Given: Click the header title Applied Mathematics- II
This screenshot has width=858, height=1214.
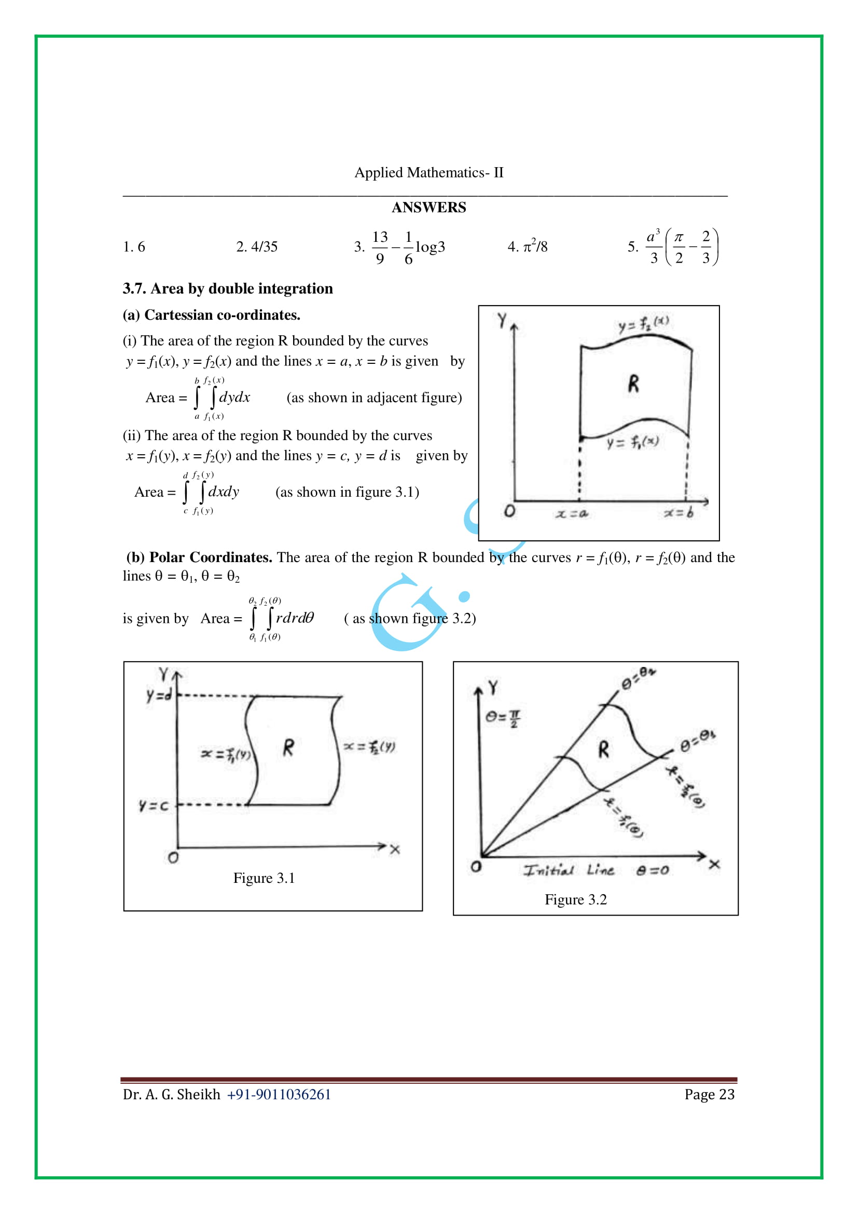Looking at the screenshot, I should pyautogui.click(x=428, y=172).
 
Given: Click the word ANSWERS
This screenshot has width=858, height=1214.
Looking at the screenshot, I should pyautogui.click(x=428, y=207).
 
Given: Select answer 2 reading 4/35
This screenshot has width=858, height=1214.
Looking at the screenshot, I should pyautogui.click(x=257, y=247).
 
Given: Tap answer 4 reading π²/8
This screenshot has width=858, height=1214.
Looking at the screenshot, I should pyautogui.click(x=527, y=247).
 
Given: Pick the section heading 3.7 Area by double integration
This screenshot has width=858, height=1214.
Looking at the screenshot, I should pyautogui.click(x=228, y=289).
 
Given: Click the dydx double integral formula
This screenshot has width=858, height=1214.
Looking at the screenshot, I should pyautogui.click(x=222, y=398).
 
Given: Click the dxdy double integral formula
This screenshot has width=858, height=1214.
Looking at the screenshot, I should pyautogui.click(x=211, y=492).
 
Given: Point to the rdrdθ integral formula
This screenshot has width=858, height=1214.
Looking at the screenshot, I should pyautogui.click(x=282, y=618).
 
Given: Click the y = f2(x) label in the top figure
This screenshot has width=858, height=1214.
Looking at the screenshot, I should pyautogui.click(x=643, y=323).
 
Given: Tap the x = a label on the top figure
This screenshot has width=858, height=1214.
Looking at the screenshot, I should pyautogui.click(x=572, y=513).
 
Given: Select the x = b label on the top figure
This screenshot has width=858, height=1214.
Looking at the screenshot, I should pyautogui.click(x=679, y=513).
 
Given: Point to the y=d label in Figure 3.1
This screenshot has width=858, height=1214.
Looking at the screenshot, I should pyautogui.click(x=159, y=695).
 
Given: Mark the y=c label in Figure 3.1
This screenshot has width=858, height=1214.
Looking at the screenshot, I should pyautogui.click(x=153, y=806).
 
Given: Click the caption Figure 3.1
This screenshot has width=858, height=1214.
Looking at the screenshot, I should pyautogui.click(x=264, y=878).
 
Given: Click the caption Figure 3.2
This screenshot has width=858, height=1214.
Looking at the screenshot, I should pyautogui.click(x=575, y=900).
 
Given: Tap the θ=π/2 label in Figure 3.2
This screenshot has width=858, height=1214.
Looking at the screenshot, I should pyautogui.click(x=503, y=718).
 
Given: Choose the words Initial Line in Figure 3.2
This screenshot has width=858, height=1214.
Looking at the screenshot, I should pyautogui.click(x=569, y=870).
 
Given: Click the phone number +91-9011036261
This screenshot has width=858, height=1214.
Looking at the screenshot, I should pyautogui.click(x=279, y=1095).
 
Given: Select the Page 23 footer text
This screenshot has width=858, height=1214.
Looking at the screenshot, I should pyautogui.click(x=709, y=1095).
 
